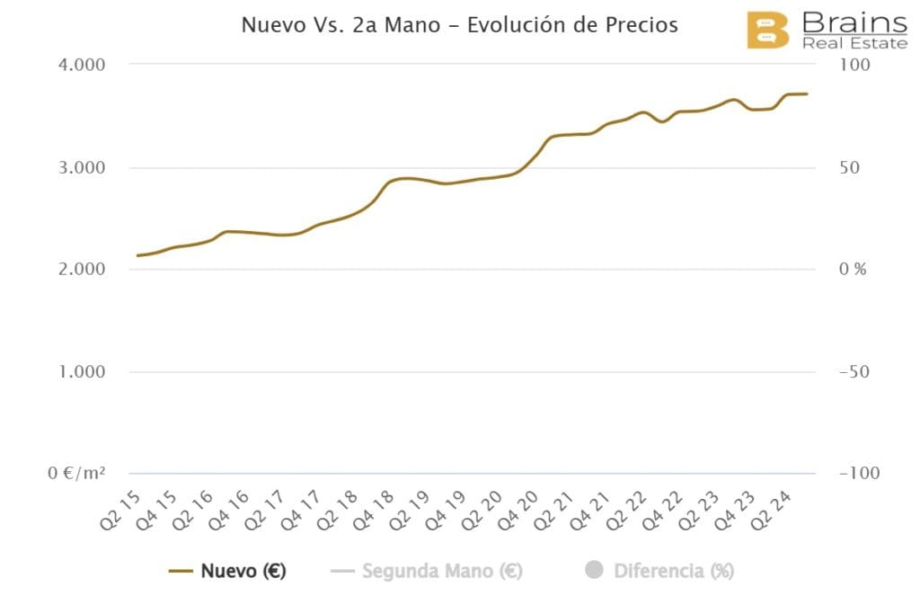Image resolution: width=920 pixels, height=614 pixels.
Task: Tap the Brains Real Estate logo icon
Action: [x=768, y=31]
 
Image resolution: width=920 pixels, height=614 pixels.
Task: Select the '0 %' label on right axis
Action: [x=852, y=270]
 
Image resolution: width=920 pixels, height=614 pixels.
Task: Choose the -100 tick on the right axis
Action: [x=860, y=474]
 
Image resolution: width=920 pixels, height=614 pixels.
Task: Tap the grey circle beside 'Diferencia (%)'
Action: [x=593, y=570]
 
